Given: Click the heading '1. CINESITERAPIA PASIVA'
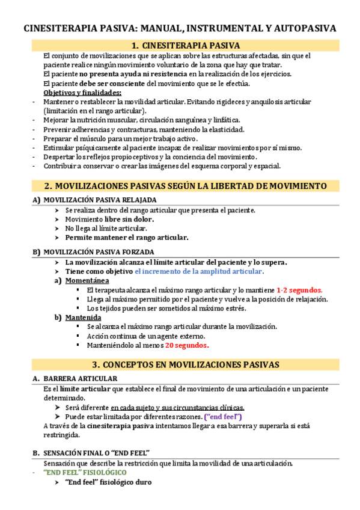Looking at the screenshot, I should (x=186, y=46).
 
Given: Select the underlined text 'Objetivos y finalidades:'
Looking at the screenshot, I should (x=83, y=93).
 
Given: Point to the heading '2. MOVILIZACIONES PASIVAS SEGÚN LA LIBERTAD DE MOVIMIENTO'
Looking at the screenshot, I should (x=186, y=186).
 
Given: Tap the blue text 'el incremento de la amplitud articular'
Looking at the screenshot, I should (x=199, y=271).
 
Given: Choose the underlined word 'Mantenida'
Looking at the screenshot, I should (x=84, y=318).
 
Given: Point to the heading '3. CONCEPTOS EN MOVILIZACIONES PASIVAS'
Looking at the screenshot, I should (x=186, y=364).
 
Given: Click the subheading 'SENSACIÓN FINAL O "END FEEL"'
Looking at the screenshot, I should (x=96, y=452).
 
